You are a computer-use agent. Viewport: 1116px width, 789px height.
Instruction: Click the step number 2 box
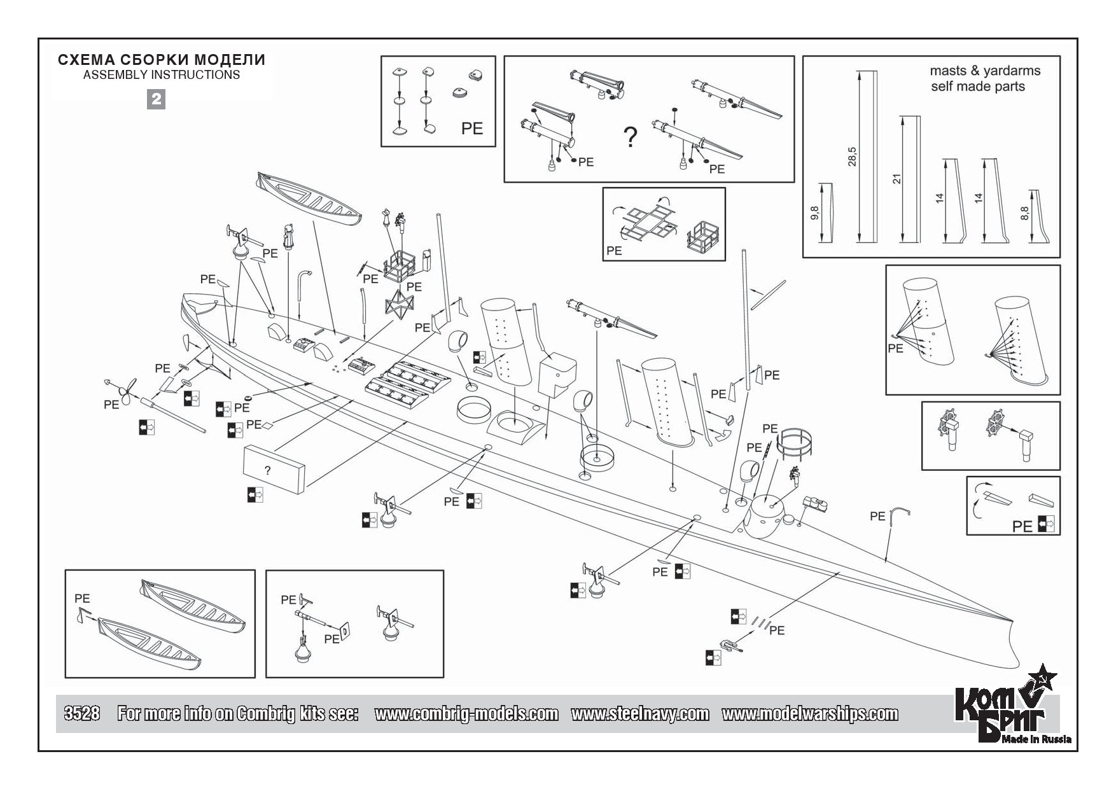pos(156,99)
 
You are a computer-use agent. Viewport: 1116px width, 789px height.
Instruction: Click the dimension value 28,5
pos(853,157)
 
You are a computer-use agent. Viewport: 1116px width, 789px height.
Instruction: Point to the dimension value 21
pos(897,179)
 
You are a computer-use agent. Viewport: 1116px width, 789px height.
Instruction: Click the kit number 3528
pos(81,713)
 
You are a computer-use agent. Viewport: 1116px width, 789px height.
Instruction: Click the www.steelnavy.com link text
pos(639,714)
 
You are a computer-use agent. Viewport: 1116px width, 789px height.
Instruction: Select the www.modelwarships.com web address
pos(809,714)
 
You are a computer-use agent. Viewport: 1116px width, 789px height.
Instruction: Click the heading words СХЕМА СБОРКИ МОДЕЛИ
pos(162,60)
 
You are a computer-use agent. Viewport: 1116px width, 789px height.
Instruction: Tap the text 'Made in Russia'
pos(1036,739)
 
